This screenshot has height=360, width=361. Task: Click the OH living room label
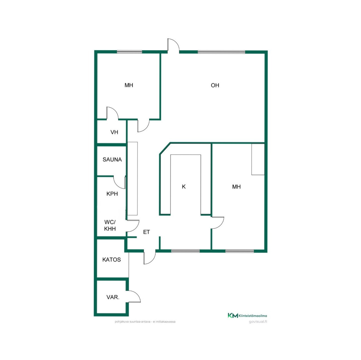[x=215, y=85]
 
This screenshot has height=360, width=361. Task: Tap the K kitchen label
[x=184, y=187]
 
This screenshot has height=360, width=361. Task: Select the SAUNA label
[x=112, y=160]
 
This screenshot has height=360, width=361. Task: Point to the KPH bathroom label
[x=112, y=194]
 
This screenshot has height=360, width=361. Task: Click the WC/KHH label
[x=110, y=225]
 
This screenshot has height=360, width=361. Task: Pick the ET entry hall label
[x=146, y=232]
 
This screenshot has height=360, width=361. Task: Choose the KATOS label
[x=112, y=260]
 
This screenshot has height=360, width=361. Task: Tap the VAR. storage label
[x=113, y=297]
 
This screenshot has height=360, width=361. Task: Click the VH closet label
[x=114, y=132]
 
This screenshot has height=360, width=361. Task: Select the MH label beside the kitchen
[x=236, y=187]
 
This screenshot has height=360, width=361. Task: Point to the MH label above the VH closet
[x=129, y=85]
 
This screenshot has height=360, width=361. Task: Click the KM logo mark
[x=233, y=315]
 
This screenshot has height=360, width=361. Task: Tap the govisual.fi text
[x=258, y=322]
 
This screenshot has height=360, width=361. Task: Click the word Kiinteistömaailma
[x=253, y=316]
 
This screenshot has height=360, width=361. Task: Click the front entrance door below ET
[x=150, y=257]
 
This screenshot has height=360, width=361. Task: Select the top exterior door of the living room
[x=173, y=45]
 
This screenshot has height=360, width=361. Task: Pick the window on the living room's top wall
[x=221, y=52]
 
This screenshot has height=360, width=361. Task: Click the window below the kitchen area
[x=185, y=251]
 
